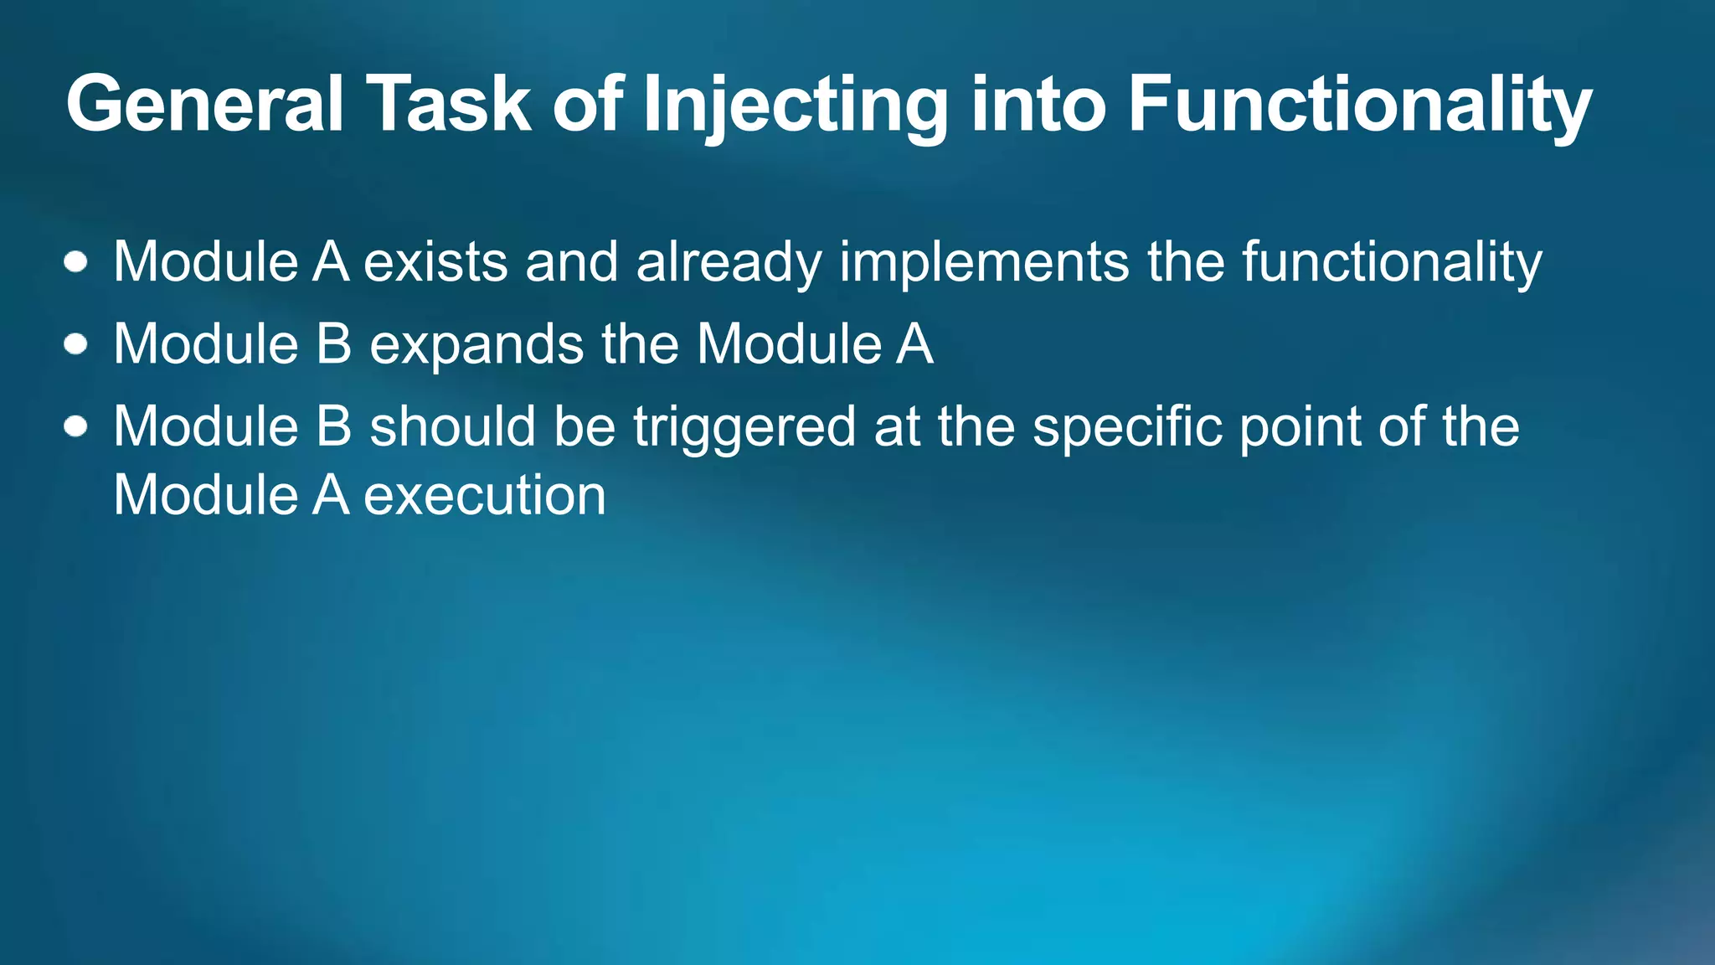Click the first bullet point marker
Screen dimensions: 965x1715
(x=76, y=262)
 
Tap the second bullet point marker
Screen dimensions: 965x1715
(x=76, y=344)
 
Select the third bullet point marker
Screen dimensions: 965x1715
(x=76, y=426)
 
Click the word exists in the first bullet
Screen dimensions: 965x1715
(x=435, y=262)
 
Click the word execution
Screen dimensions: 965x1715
(x=485, y=495)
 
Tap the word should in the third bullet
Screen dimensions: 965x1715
(x=452, y=426)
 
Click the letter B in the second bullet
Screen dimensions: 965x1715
(x=333, y=344)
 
